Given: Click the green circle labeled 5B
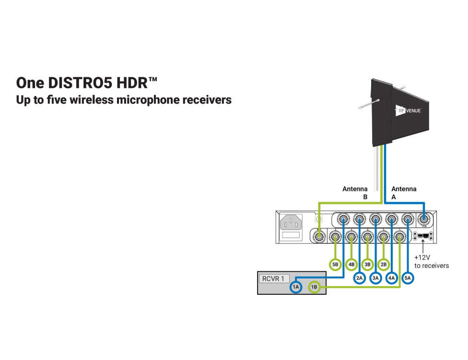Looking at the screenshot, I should [x=335, y=264].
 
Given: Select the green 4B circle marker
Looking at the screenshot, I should [x=351, y=264].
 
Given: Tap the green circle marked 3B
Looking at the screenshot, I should [x=368, y=264].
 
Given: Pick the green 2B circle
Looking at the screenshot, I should [x=384, y=264].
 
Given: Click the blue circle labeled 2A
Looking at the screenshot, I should [x=360, y=277].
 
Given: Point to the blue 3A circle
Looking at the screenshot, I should [x=376, y=277].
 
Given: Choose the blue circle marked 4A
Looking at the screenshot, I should [x=392, y=277].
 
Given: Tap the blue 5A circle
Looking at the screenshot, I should [x=408, y=277].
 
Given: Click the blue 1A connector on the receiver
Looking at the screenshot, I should [x=296, y=287].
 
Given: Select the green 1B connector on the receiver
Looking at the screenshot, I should [x=314, y=287].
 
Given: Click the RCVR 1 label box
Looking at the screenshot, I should [x=274, y=278].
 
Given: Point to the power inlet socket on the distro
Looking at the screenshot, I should [x=292, y=223].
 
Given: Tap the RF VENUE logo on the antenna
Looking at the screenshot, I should [x=409, y=111].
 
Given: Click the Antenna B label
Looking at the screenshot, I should [x=355, y=192].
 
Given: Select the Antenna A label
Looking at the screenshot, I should [x=404, y=192].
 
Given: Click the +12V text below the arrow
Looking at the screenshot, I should [x=422, y=257].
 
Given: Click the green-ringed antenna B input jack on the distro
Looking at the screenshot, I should [x=319, y=236].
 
